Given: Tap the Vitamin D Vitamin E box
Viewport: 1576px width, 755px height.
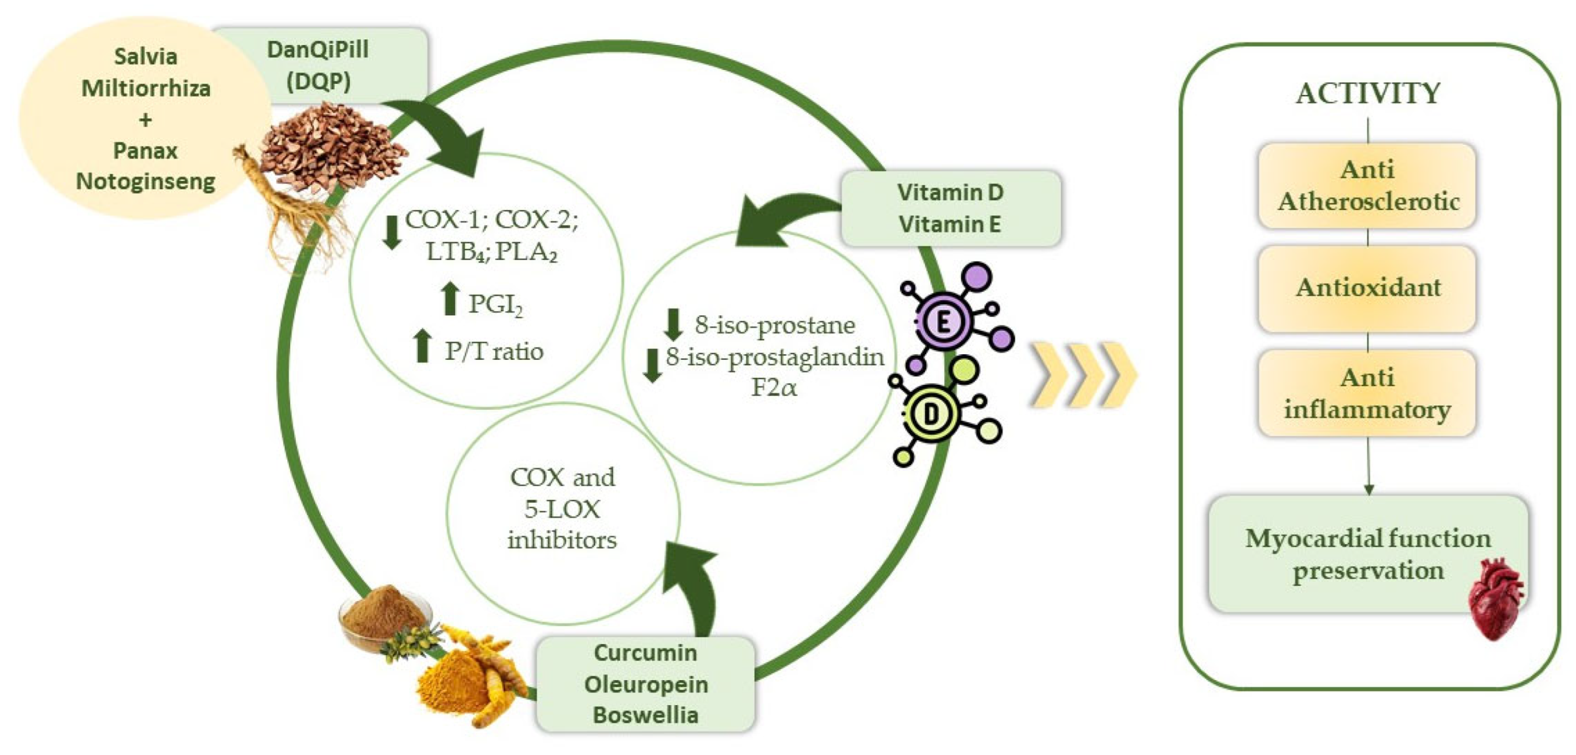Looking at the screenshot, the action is (x=950, y=209).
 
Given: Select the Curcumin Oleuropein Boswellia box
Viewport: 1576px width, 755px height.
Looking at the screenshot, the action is (x=646, y=684).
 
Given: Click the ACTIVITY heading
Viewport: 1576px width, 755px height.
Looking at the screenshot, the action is (x=1368, y=94).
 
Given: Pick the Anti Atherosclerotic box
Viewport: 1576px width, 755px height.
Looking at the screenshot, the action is (x=1367, y=185).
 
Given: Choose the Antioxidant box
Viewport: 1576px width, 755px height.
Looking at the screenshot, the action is (x=1367, y=288).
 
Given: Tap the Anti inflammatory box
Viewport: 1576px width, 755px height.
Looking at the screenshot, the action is (x=1367, y=393).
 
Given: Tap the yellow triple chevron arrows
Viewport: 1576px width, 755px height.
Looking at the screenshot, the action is (x=1083, y=375).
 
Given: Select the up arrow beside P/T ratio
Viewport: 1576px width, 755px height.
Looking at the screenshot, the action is (x=422, y=346).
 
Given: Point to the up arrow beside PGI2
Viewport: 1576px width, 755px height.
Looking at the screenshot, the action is (x=450, y=299).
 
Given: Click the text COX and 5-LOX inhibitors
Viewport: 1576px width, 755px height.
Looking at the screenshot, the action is (x=562, y=509).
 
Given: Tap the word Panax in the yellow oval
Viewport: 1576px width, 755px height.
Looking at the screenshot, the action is (x=145, y=150).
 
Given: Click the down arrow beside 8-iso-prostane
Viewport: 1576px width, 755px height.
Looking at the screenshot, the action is (x=673, y=324).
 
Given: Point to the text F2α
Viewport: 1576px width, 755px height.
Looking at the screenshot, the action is (x=774, y=388).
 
